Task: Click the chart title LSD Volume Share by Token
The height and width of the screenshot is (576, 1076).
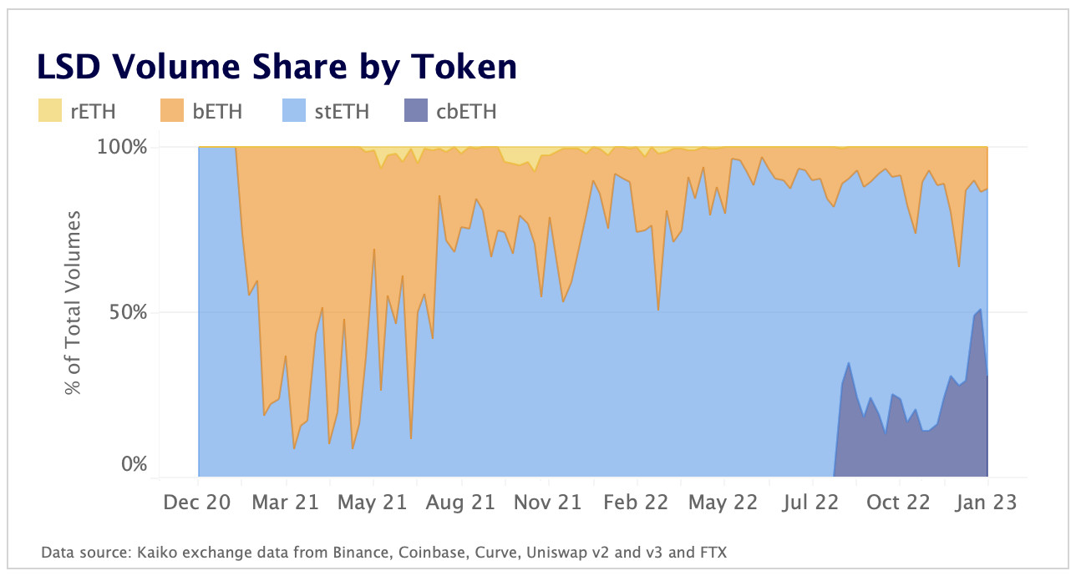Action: coord(276,67)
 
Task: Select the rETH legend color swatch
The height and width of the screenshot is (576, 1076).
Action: coord(50,111)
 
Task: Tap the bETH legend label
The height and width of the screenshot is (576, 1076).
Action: coord(217,111)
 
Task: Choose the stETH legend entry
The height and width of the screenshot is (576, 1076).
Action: coord(342,111)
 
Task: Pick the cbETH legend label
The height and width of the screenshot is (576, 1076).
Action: coord(466,111)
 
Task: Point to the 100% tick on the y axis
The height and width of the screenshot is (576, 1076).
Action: coord(123,147)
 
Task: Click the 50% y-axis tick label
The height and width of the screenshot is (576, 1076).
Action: coord(128,313)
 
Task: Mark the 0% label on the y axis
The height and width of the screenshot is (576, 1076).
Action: coord(133,464)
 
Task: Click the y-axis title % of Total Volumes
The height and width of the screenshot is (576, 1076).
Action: coord(74,303)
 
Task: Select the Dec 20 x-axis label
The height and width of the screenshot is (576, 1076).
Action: coord(198,503)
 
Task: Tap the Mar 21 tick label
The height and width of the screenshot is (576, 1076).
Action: coord(286,503)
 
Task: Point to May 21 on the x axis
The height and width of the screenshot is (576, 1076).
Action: coord(373,503)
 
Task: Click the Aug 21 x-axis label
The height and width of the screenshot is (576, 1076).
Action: coord(460,503)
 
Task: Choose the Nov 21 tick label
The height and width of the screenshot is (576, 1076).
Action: coord(547,503)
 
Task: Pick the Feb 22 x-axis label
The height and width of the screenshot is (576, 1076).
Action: coord(636,503)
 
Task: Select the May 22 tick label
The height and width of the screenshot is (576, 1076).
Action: coord(723,503)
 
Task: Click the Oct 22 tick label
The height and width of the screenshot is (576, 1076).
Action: coord(899,503)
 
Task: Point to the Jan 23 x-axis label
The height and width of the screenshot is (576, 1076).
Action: coord(987,503)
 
